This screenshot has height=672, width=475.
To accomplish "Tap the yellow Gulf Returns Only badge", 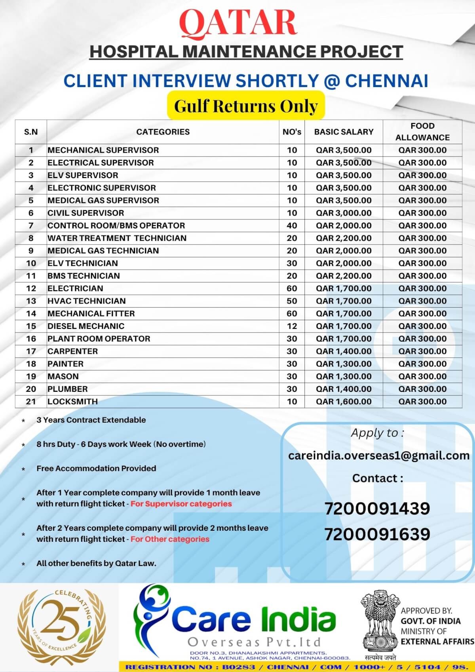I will click(x=246, y=106).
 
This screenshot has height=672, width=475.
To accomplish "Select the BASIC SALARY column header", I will click(x=344, y=132).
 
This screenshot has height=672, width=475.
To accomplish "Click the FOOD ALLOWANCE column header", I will click(x=422, y=132).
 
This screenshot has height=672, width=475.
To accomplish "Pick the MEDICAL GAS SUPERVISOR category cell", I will click(x=103, y=200).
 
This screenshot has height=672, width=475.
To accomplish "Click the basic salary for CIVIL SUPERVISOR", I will click(x=344, y=213).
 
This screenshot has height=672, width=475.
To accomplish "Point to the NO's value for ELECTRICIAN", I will click(x=292, y=289).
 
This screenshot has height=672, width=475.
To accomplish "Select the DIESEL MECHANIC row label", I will click(x=86, y=326).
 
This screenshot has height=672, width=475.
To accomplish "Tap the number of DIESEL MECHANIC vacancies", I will click(x=292, y=326).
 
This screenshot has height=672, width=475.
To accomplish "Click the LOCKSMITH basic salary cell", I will click(x=344, y=402).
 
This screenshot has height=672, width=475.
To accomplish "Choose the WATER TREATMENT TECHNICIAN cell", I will click(x=117, y=238).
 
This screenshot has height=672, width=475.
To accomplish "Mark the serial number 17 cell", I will click(x=31, y=351).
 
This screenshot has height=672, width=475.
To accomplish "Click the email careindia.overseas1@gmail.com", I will click(x=379, y=456).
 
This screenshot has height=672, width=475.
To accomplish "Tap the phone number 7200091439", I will click(x=377, y=509).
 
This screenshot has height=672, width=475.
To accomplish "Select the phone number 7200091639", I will click(x=377, y=534).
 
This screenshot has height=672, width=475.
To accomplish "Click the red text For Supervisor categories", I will click(x=181, y=504).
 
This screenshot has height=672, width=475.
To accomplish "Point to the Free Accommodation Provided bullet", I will click(x=96, y=469).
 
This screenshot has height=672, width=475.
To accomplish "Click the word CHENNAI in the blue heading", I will click(x=386, y=81).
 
